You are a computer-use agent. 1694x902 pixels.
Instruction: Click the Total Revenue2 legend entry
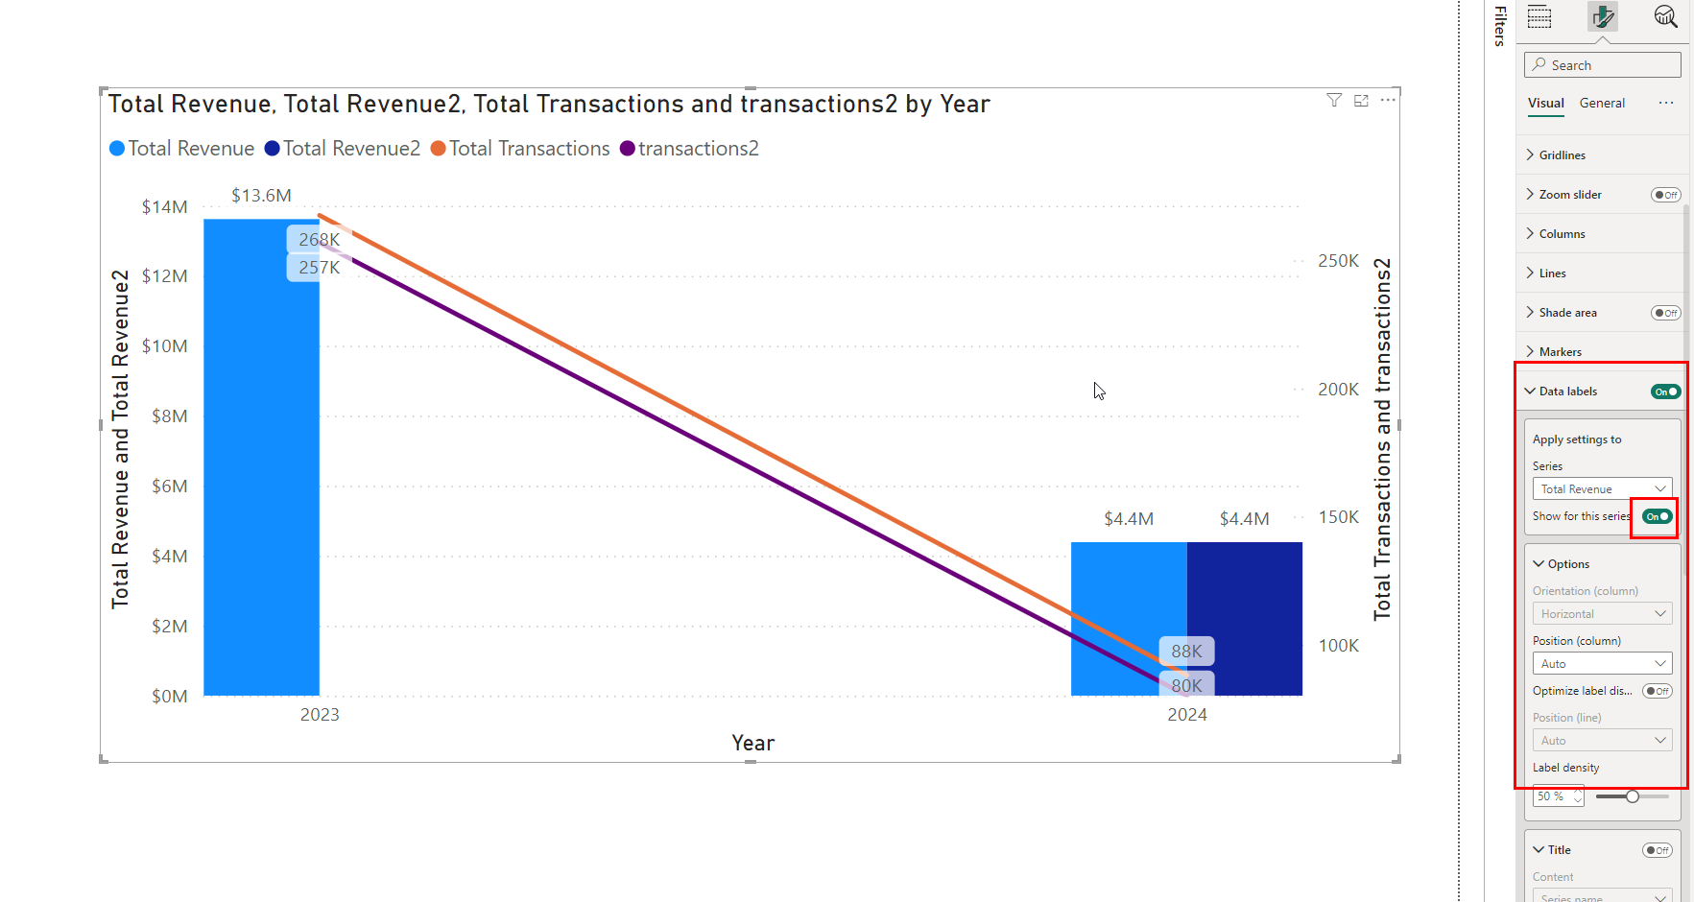[x=343, y=149]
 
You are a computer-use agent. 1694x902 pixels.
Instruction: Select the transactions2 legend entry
[x=689, y=149]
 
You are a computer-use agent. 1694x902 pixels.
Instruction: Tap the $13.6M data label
[x=261, y=196]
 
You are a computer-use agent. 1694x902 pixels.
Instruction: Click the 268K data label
[x=319, y=239]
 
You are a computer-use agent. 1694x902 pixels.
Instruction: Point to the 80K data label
[x=1186, y=685]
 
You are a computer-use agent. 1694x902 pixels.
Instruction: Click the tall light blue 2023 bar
[x=261, y=457]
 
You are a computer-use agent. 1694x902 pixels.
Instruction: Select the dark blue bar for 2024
[x=1245, y=619]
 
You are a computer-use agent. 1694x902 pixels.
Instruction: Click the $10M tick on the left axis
[x=164, y=346]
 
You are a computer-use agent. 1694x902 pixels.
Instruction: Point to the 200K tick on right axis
[x=1338, y=390]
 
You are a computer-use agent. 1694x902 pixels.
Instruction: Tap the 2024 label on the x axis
[x=1187, y=715]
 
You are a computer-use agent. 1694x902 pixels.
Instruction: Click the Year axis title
[x=752, y=743]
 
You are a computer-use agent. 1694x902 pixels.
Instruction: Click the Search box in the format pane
[x=1602, y=65]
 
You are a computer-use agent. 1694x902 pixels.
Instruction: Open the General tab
[x=1602, y=104]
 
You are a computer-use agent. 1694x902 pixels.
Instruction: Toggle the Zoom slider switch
[x=1665, y=195]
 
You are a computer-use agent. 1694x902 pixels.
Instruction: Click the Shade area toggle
[x=1665, y=313]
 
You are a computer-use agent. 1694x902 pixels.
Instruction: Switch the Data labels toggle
[x=1665, y=392]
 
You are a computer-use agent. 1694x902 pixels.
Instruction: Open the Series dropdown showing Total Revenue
[x=1602, y=489]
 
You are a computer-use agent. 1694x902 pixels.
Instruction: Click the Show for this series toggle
[x=1658, y=516]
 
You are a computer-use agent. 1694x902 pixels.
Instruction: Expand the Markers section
[x=1560, y=352]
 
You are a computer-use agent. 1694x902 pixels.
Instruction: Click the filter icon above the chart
[x=1334, y=100]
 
